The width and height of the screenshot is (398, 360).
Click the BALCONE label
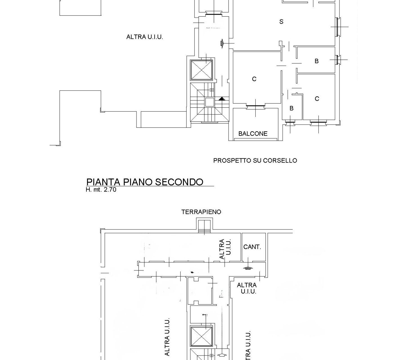(x=253, y=134)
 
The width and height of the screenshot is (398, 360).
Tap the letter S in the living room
(x=281, y=22)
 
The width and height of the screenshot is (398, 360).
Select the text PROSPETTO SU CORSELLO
(x=255, y=161)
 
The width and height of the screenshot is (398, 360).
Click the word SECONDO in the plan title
(x=179, y=182)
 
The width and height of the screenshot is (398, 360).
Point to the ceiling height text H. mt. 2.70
(x=101, y=190)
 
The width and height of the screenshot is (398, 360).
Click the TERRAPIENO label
(x=201, y=212)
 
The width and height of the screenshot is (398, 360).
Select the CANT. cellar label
(x=252, y=247)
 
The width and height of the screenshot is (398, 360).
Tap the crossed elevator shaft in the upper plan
(x=201, y=70)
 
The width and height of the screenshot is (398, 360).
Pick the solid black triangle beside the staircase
(x=222, y=99)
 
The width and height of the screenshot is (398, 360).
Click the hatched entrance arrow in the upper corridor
(x=222, y=43)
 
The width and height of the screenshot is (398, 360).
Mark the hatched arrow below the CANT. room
(x=248, y=268)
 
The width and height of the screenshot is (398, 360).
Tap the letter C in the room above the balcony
(x=254, y=79)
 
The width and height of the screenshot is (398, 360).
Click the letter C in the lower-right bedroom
(x=317, y=99)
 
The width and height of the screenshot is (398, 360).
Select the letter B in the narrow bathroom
(x=291, y=108)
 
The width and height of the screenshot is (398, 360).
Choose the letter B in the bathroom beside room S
(x=317, y=61)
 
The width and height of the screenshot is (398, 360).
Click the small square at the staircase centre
(x=209, y=102)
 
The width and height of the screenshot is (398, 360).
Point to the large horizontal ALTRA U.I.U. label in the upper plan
(x=145, y=37)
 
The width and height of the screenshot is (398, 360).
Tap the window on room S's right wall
(x=338, y=27)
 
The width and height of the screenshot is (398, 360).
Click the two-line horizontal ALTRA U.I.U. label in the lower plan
(x=247, y=288)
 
